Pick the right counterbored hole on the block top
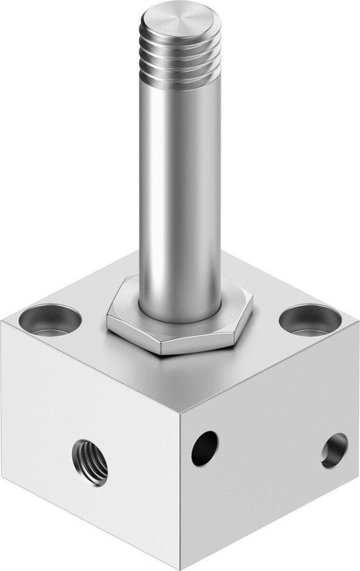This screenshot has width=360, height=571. [306, 317]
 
